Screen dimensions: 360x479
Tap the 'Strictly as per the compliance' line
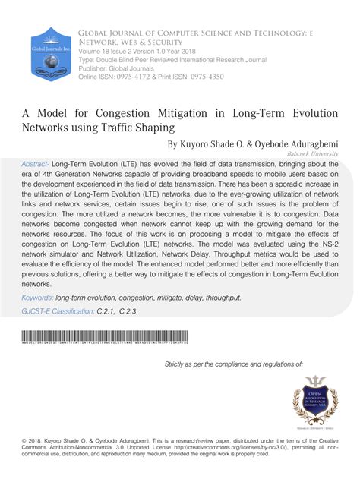234,364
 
